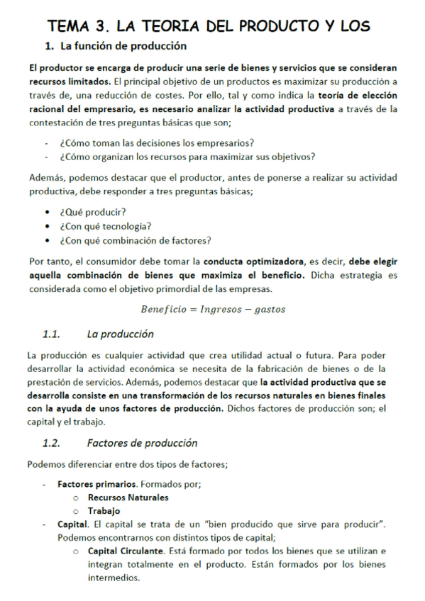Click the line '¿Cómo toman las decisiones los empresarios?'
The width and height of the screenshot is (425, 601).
click(158, 142)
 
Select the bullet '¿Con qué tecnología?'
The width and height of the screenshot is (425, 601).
click(106, 226)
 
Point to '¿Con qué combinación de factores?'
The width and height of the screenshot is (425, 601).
click(136, 240)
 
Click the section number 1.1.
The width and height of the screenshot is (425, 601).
click(51, 334)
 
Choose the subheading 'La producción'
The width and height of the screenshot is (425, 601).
click(120, 334)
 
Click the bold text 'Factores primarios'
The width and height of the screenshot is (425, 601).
click(98, 484)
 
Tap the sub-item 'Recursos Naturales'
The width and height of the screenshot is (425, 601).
click(128, 498)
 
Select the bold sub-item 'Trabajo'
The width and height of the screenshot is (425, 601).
click(104, 511)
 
